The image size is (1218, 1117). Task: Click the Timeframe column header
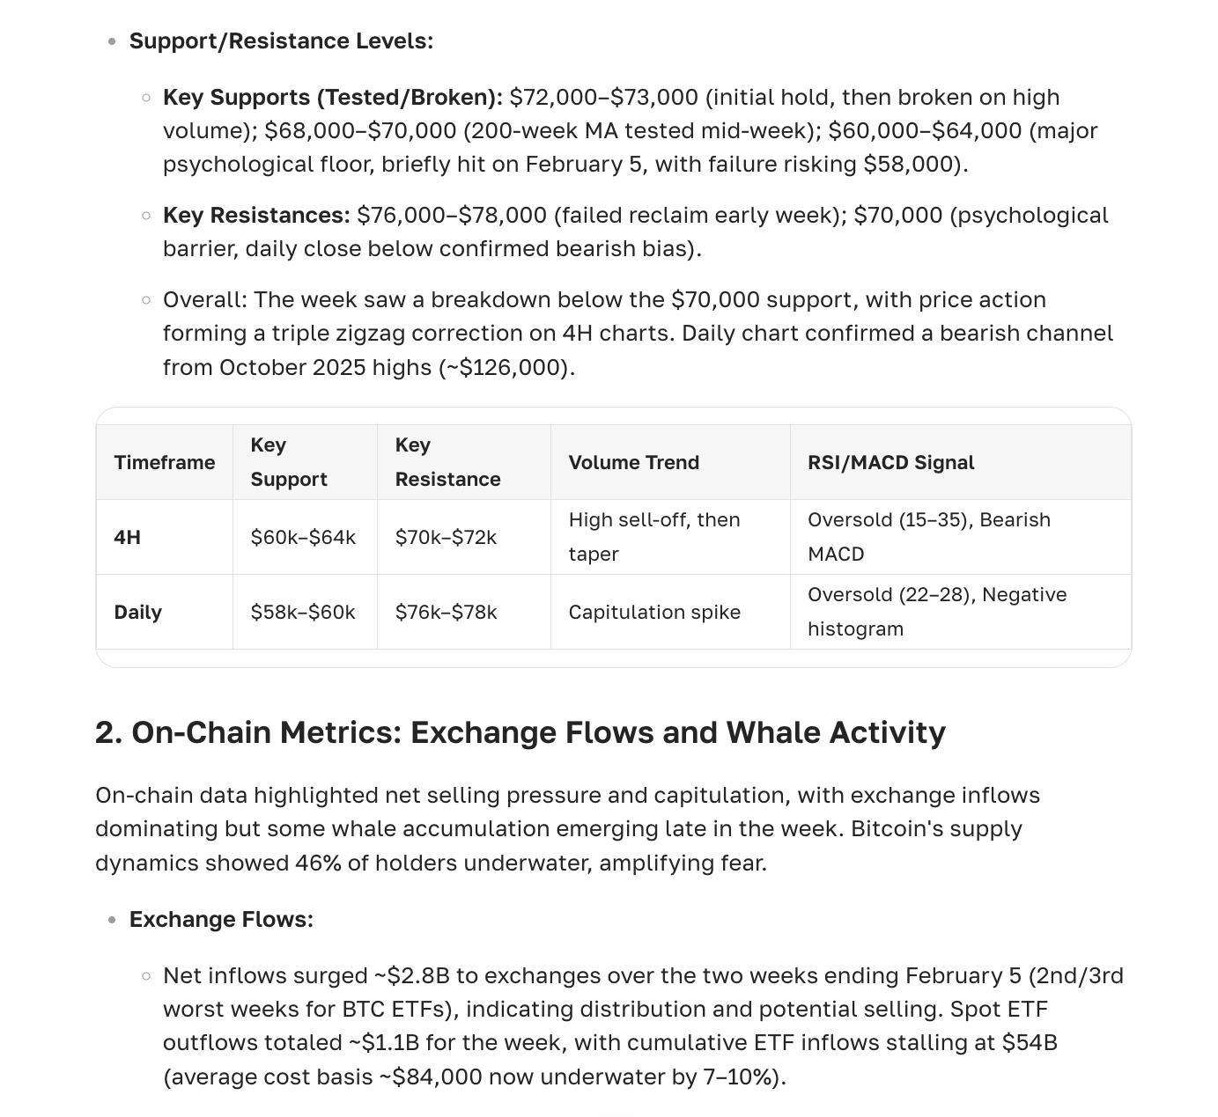tap(164, 462)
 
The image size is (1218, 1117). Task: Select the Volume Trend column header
tap(633, 462)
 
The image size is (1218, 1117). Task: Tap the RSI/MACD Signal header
tap(890, 462)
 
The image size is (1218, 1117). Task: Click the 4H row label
tap(127, 537)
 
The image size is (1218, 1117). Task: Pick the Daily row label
tap(137, 612)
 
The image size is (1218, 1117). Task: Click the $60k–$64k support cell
tap(303, 537)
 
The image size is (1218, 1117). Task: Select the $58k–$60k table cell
tap(302, 612)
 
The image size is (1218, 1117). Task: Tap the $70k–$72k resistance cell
tap(446, 537)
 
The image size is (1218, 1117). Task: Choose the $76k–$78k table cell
tap(446, 612)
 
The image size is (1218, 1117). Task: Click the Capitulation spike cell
tap(654, 612)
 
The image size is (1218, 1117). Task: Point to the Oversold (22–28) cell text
tap(936, 595)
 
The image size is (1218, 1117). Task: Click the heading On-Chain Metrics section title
tap(520, 732)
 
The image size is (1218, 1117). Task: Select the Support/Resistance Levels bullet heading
tap(281, 41)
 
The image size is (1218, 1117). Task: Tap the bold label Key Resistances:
tap(256, 215)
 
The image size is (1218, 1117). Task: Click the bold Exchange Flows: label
tap(221, 919)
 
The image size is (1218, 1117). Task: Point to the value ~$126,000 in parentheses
tap(506, 367)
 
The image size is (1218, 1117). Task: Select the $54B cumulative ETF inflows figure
tap(1029, 1042)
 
